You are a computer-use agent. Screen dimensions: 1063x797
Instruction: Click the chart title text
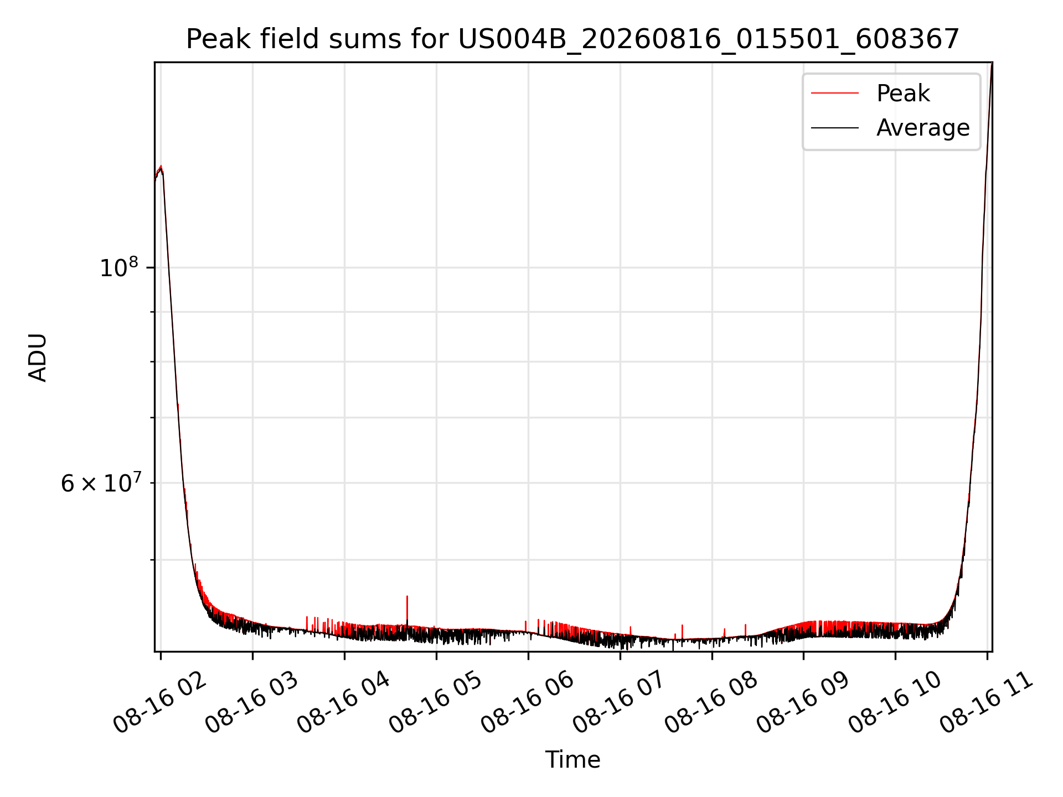pos(572,39)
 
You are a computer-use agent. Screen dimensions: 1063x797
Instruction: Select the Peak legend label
pos(903,93)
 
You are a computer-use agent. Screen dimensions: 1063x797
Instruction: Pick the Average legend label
pos(923,128)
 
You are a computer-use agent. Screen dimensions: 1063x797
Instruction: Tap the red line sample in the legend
pos(835,94)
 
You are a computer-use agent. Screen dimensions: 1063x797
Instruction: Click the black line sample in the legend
pos(835,128)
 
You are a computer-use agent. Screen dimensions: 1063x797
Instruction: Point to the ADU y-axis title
pos(38,357)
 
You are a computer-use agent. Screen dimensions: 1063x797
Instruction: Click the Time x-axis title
pos(572,759)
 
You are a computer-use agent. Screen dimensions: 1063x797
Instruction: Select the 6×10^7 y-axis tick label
pos(101,483)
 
